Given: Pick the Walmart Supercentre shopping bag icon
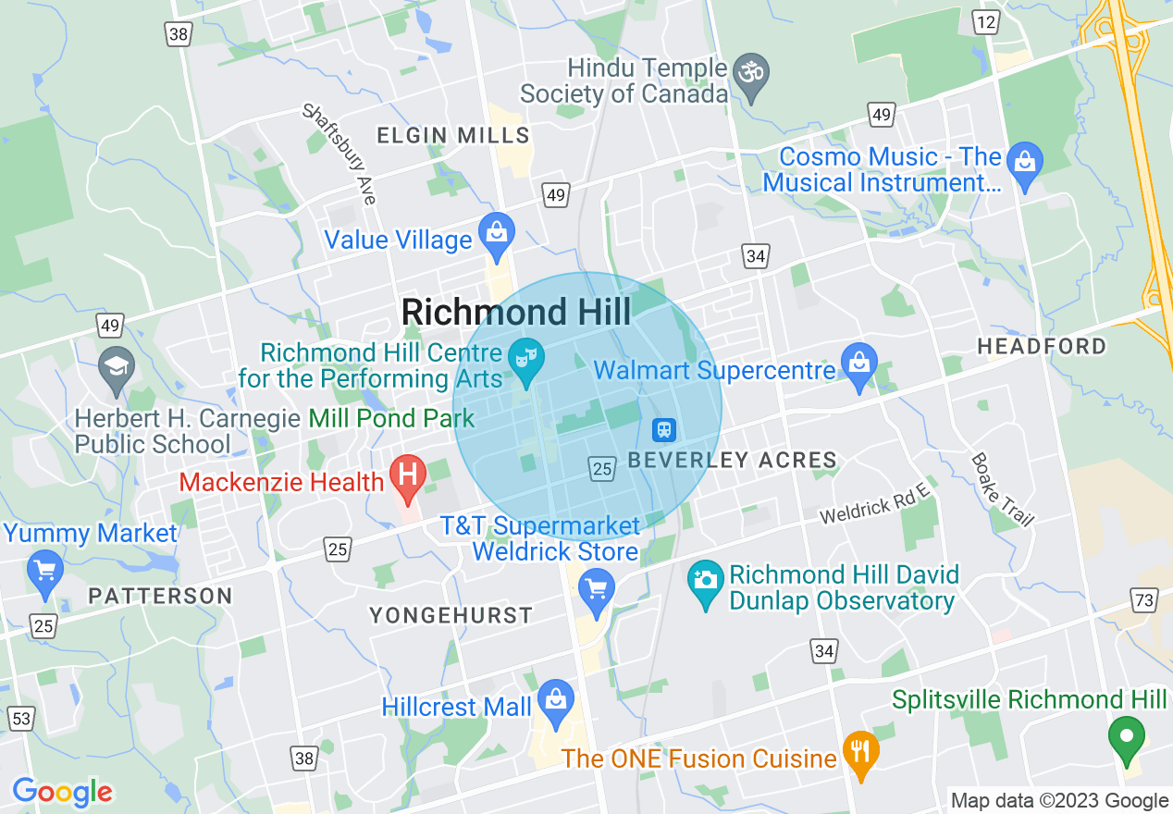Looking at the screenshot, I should coord(859,364).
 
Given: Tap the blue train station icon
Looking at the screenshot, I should coord(664,429).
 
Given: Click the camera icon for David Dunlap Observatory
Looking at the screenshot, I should coord(705,581).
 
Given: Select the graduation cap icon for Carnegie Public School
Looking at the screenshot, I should coord(117,367).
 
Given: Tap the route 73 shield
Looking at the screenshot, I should coord(1144,600).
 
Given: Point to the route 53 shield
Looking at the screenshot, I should coord(20,719).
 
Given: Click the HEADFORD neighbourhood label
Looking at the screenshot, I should coord(1042,347).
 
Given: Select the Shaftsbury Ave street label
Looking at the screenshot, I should coord(339,153).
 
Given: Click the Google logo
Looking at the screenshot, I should coord(62,792).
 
